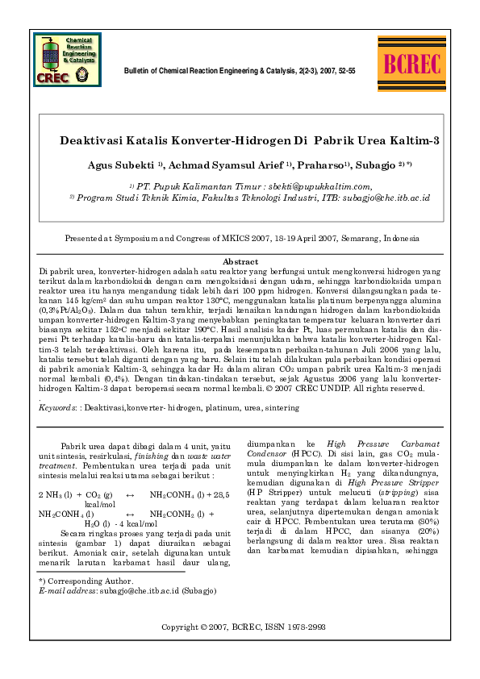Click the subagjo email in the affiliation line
386,197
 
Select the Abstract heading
240,261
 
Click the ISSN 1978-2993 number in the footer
298,627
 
